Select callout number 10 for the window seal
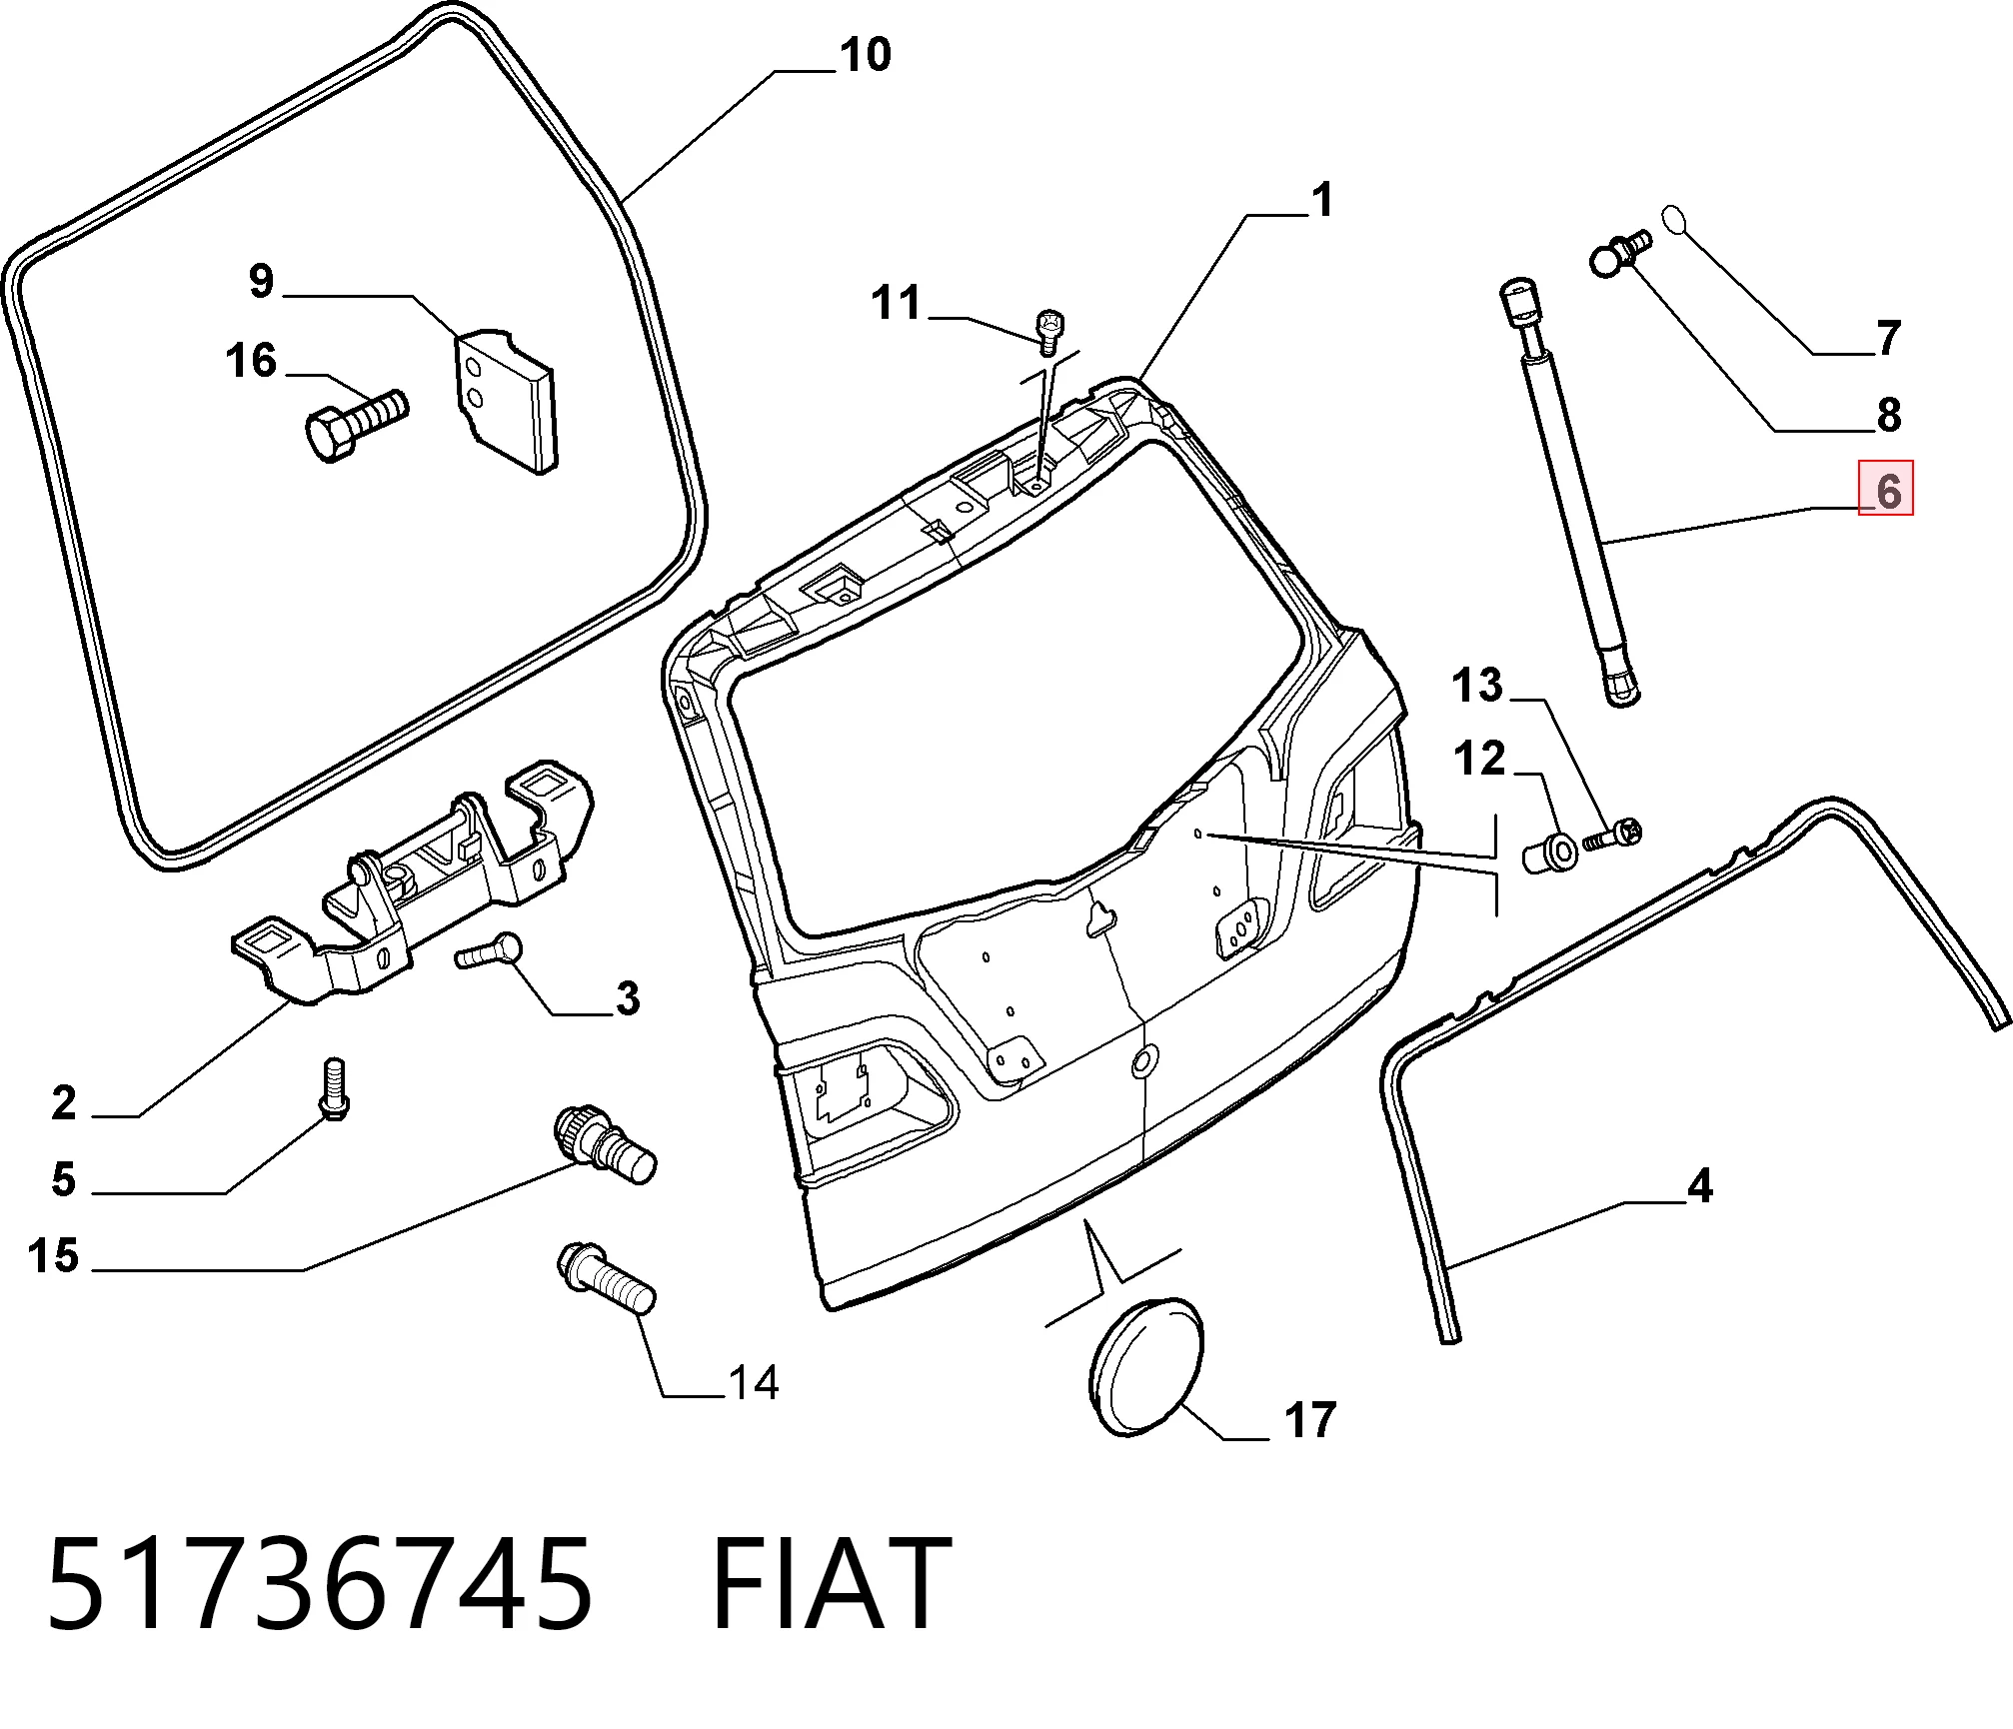[866, 55]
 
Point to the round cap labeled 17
[1145, 1366]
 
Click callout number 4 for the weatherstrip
[1700, 1186]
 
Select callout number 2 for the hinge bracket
[64, 1103]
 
